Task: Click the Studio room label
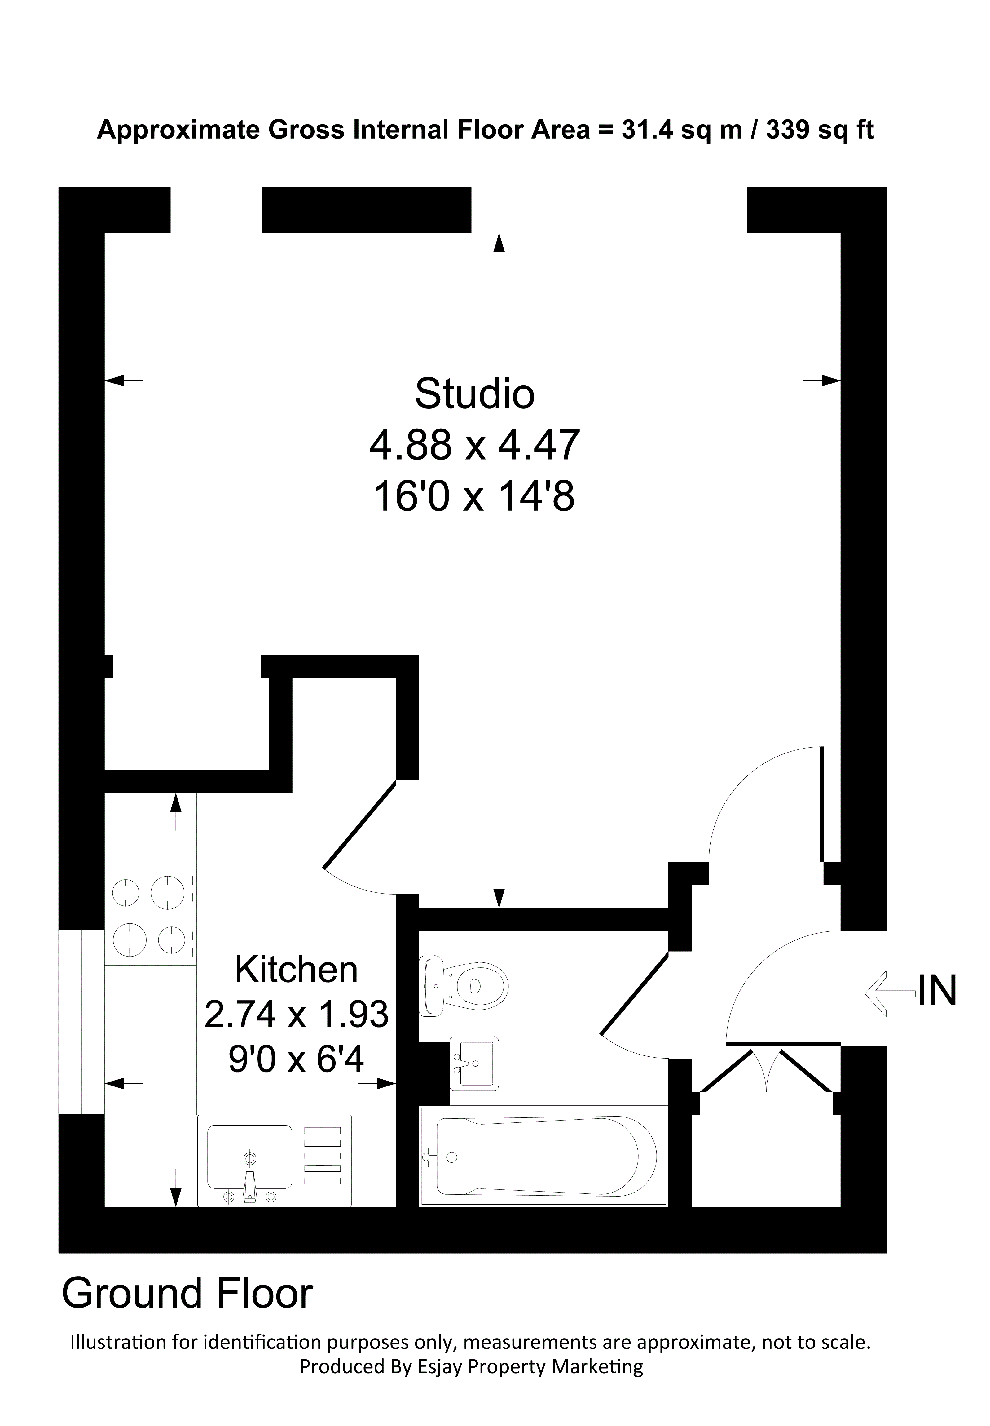click(474, 393)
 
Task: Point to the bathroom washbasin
click(474, 1064)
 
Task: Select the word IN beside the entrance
click(937, 991)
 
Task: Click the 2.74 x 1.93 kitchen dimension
click(297, 1015)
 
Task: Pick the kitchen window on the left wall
click(81, 1021)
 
